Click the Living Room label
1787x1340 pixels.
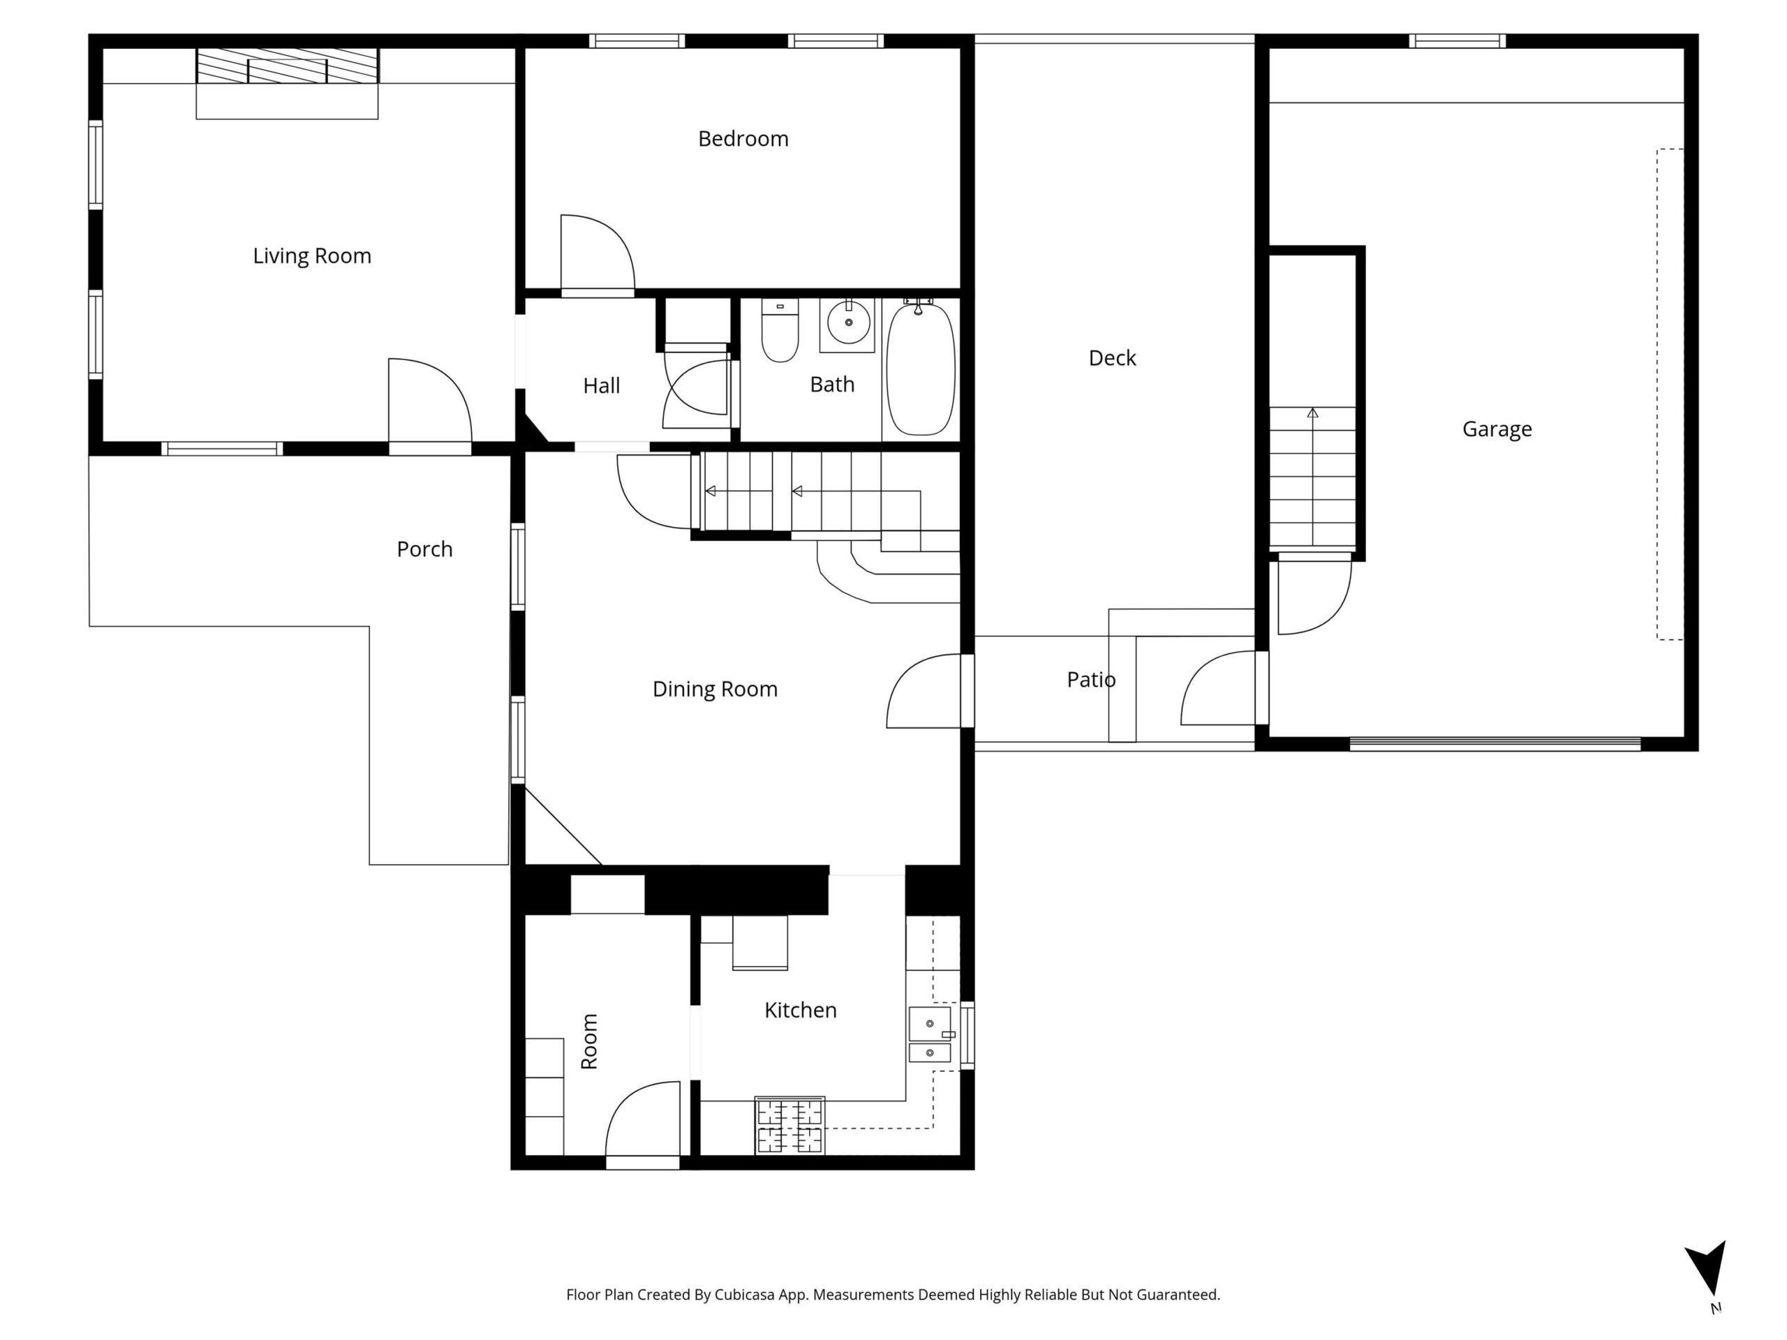click(312, 256)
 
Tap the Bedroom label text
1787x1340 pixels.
click(743, 139)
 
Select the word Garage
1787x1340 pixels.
click(1497, 429)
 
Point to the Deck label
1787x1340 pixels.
click(1113, 358)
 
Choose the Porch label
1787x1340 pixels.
click(425, 549)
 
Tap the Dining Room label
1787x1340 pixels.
click(715, 689)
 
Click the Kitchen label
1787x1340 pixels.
click(801, 1010)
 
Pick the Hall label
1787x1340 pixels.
click(602, 385)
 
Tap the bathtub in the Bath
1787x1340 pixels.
click(920, 368)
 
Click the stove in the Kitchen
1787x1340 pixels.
click(790, 1125)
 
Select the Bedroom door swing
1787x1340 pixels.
click(598, 252)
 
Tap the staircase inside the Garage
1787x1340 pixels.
click(1313, 478)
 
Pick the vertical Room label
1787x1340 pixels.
click(590, 1041)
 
